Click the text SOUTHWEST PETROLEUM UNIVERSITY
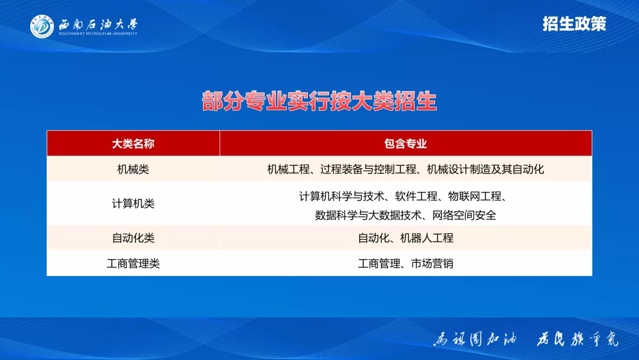tap(98, 34)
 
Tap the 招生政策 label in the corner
tap(574, 24)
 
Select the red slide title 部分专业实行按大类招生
tap(319, 101)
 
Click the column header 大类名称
tap(133, 144)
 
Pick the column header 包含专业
tap(405, 144)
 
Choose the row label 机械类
tap(133, 169)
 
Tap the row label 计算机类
tap(133, 204)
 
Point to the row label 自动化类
tap(133, 238)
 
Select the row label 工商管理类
tap(133, 263)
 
